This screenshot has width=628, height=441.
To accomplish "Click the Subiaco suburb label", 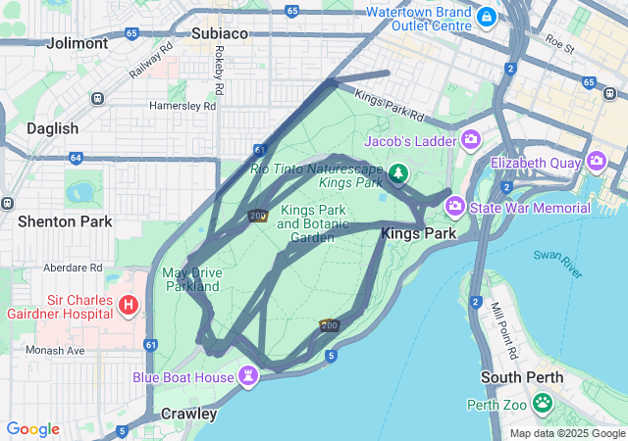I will tap(219, 33).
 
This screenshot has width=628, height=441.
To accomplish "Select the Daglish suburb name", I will tap(52, 128).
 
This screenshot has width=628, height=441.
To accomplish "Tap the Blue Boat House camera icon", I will tap(249, 375).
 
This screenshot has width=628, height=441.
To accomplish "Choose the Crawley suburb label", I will tap(188, 414).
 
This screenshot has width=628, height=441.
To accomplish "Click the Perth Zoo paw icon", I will tap(543, 402).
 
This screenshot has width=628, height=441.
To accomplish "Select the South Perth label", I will tap(522, 377).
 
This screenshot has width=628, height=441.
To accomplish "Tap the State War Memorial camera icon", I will tap(454, 206).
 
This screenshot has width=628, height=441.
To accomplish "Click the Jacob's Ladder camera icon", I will tap(470, 140).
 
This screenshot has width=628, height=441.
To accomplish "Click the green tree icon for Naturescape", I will tap(397, 174).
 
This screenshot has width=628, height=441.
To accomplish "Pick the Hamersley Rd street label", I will tap(182, 105).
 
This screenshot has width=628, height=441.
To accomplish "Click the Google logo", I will tap(32, 429).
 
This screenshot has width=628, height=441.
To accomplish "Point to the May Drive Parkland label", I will tap(192, 279).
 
